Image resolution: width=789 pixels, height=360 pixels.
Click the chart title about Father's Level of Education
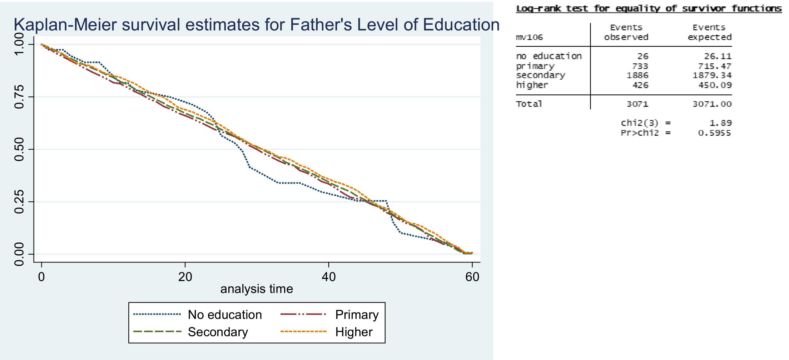pyautogui.click(x=256, y=25)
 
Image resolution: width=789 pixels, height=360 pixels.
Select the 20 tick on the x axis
pyautogui.click(x=185, y=277)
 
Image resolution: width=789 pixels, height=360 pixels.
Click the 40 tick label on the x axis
pyautogui.click(x=329, y=277)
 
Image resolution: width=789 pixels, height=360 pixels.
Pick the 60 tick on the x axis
pyautogui.click(x=472, y=277)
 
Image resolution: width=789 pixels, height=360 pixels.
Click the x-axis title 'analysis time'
pyautogui.click(x=257, y=289)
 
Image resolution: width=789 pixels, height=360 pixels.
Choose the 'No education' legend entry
pyautogui.click(x=225, y=315)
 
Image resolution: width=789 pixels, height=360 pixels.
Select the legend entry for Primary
pyautogui.click(x=357, y=315)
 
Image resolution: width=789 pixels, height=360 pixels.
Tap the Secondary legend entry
pyautogui.click(x=218, y=332)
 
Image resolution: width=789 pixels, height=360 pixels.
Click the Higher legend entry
pyautogui.click(x=354, y=332)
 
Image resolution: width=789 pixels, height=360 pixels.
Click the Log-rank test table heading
pyautogui.click(x=649, y=9)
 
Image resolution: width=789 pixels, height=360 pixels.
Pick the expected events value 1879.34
pyautogui.click(x=712, y=75)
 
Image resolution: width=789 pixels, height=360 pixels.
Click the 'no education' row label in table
pyautogui.click(x=549, y=56)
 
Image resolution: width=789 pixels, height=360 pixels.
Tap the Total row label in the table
pyautogui.click(x=529, y=104)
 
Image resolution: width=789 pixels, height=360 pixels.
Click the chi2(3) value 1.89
pyautogui.click(x=720, y=123)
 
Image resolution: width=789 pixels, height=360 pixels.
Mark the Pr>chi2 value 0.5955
pyautogui.click(x=714, y=133)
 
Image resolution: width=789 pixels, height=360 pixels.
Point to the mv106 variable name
pyautogui.click(x=529, y=37)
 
